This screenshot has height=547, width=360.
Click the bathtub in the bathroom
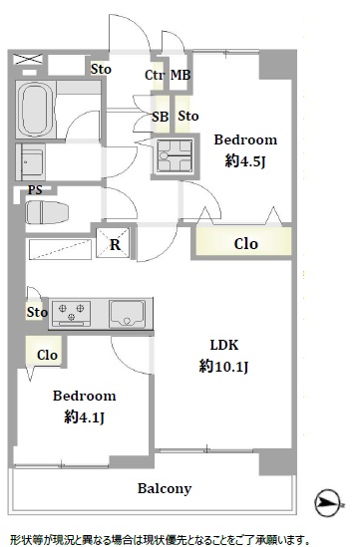(x=35, y=110)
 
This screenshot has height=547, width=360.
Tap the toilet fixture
(x=47, y=212)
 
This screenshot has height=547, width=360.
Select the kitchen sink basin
(x=127, y=314)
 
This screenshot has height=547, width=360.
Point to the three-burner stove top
(x=71, y=314)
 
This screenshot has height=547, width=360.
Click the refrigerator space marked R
(x=113, y=243)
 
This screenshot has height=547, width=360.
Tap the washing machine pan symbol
(x=175, y=155)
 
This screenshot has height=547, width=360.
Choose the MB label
(x=180, y=75)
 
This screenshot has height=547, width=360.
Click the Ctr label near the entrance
(x=155, y=75)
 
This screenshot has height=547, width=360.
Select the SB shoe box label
(x=161, y=117)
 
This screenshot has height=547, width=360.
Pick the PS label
(x=35, y=189)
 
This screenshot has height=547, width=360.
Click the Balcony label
(x=165, y=489)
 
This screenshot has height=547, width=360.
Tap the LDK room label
(x=224, y=345)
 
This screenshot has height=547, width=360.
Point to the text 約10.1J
(x=223, y=367)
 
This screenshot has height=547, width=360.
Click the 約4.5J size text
(x=245, y=161)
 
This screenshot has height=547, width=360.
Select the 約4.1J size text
(x=85, y=416)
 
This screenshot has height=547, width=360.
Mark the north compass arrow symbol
(x=327, y=503)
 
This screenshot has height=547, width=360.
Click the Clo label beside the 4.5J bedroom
(x=246, y=244)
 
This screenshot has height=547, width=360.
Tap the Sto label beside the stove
(x=37, y=312)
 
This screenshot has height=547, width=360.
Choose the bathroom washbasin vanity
(x=31, y=161)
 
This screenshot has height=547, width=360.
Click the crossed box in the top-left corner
(x=28, y=60)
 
